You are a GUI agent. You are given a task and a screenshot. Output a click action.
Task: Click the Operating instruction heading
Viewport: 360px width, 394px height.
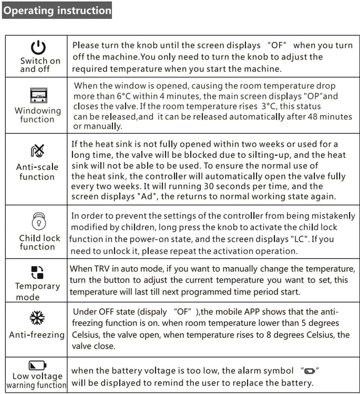pos(57,11)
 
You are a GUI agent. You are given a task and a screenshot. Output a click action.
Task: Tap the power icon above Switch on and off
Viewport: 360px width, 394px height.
pos(38,47)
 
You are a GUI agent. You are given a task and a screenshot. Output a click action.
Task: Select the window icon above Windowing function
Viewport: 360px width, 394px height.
pos(38,95)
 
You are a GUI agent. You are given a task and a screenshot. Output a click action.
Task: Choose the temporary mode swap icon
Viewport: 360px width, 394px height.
pos(37,272)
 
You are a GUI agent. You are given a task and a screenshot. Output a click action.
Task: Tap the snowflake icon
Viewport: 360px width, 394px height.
pos(37,318)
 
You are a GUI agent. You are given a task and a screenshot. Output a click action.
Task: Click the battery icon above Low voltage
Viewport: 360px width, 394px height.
pos(37,365)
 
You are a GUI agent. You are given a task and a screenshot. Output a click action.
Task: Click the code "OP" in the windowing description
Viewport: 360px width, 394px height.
pos(312,96)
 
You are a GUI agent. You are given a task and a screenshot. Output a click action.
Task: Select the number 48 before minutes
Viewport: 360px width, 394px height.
pos(313,117)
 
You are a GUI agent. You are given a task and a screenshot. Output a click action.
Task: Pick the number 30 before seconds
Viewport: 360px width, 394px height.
pos(209,186)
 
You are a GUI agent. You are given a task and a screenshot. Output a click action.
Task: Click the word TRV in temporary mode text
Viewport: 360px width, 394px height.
pos(102,269)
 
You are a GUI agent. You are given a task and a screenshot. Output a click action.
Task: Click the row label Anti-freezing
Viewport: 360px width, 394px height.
pos(37,335)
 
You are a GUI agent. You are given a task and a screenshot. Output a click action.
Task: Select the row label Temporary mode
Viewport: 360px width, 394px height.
pos(37,291)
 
